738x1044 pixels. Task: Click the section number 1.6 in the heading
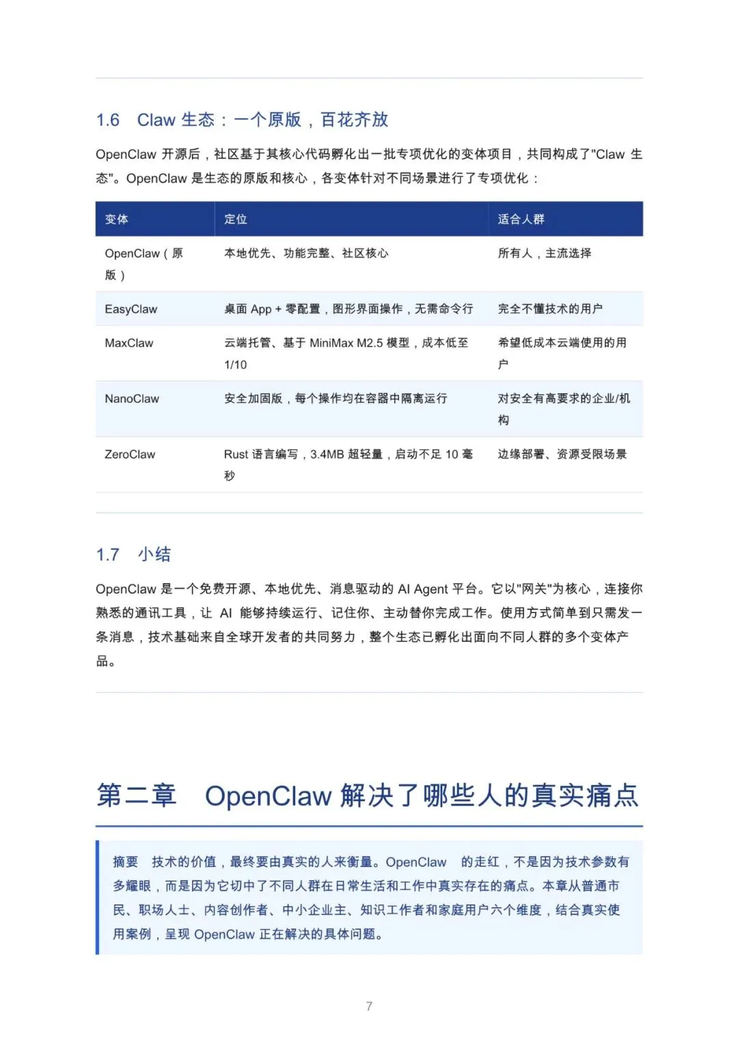click(108, 120)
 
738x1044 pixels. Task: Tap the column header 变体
click(117, 219)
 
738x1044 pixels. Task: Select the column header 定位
click(236, 219)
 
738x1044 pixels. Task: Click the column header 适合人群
click(521, 219)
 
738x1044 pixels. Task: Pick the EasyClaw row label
click(131, 309)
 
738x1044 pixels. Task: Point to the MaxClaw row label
click(129, 343)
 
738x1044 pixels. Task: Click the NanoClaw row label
click(132, 399)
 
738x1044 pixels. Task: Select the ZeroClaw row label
click(130, 454)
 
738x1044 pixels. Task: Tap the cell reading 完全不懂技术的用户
click(550, 309)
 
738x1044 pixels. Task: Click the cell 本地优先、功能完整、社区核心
click(306, 254)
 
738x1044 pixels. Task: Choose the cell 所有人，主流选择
click(545, 254)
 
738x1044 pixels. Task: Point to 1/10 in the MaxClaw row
click(236, 365)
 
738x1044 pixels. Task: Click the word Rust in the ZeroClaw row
click(236, 454)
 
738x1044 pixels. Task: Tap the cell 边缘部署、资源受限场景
click(562, 454)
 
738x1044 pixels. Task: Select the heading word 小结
click(155, 554)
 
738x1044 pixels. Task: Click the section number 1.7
click(108, 554)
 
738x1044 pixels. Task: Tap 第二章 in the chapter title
click(137, 796)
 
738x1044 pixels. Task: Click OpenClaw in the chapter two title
click(268, 796)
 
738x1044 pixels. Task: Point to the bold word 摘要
click(126, 862)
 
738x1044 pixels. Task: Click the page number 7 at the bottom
click(369, 1006)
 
